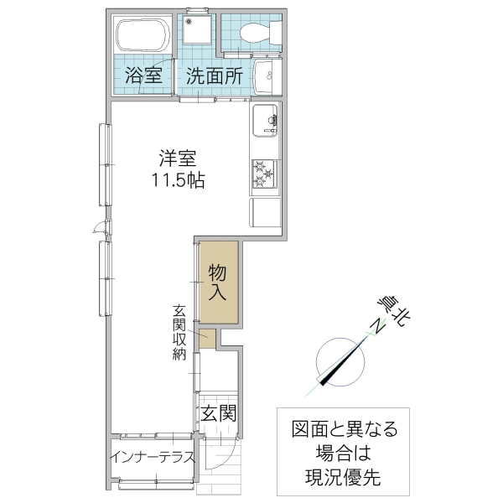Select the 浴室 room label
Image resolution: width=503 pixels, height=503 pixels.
pos(143,75)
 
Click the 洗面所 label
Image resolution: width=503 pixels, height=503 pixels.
pos(215,75)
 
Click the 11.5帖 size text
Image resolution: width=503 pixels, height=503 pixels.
pos(178,179)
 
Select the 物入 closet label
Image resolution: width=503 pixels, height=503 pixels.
pos(219,283)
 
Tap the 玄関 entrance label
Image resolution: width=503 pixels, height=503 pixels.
pos(217,412)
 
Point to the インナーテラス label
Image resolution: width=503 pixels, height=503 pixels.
pos(152,458)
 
